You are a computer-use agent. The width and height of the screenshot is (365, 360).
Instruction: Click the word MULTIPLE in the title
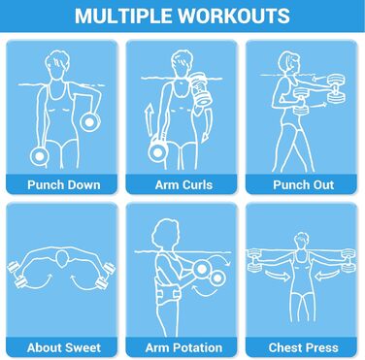tap(123, 16)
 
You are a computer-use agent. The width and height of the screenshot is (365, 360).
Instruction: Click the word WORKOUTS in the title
tap(234, 16)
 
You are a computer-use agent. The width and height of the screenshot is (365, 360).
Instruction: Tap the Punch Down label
tap(64, 184)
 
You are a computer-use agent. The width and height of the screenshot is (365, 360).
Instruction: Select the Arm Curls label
tap(183, 184)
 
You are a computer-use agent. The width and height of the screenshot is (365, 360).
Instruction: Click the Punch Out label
tap(304, 184)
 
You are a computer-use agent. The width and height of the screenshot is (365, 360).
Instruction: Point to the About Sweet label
tap(64, 347)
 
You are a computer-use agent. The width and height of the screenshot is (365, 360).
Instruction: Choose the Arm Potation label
tap(183, 347)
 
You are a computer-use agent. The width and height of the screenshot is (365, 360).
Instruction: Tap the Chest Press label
tap(304, 347)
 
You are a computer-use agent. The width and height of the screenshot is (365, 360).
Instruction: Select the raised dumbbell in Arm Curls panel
tap(199, 89)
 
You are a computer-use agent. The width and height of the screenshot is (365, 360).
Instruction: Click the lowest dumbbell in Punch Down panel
tap(40, 155)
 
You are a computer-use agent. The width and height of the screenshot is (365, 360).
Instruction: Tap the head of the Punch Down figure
tap(57, 65)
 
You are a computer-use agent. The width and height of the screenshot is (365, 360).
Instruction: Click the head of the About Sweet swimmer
tap(62, 257)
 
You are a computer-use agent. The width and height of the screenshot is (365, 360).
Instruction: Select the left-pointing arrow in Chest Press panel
tap(327, 276)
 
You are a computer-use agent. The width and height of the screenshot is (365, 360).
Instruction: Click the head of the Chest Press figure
tap(301, 242)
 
